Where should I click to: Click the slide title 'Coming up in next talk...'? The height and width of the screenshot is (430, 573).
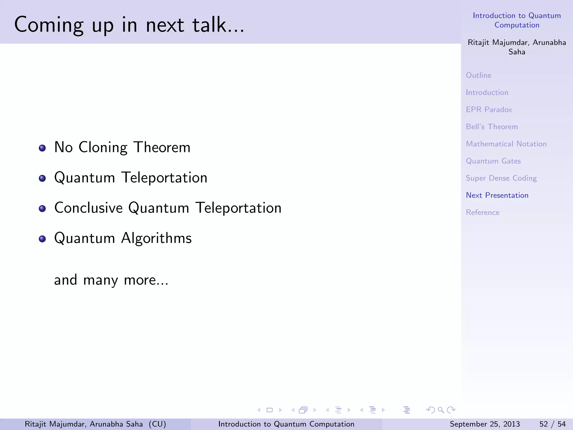[x=129, y=25]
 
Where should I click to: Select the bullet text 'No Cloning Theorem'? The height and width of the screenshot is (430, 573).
[x=122, y=147]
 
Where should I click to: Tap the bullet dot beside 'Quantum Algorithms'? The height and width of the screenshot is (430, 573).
[x=42, y=239]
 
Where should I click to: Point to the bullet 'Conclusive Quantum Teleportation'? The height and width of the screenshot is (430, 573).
[x=168, y=208]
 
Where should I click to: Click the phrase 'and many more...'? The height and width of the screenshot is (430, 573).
[x=111, y=280]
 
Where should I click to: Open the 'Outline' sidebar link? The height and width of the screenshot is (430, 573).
[x=478, y=75]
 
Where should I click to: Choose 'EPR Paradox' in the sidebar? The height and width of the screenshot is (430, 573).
[x=489, y=109]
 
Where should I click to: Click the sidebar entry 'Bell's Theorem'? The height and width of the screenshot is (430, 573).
[x=492, y=127]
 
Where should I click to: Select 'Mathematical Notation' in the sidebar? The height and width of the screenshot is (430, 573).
[x=506, y=144]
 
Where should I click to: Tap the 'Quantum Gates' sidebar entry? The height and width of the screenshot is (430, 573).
[x=493, y=161]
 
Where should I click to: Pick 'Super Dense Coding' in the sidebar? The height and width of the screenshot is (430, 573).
[x=501, y=178]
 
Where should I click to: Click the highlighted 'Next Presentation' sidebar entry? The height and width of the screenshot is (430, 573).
[x=497, y=195]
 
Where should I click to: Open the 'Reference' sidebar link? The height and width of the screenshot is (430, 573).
[x=483, y=212]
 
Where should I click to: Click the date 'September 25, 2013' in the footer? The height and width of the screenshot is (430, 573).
[x=485, y=424]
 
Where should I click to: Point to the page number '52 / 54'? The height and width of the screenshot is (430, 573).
[x=552, y=424]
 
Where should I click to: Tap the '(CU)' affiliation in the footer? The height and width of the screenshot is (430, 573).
[x=157, y=424]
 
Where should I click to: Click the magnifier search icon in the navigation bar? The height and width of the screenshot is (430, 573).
[x=441, y=410]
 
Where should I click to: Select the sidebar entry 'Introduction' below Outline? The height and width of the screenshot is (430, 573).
[x=487, y=92]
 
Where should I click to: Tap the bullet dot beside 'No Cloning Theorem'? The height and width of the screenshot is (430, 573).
[x=42, y=148]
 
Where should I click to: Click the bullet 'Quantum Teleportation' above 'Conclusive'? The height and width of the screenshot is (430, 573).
[x=131, y=178]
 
